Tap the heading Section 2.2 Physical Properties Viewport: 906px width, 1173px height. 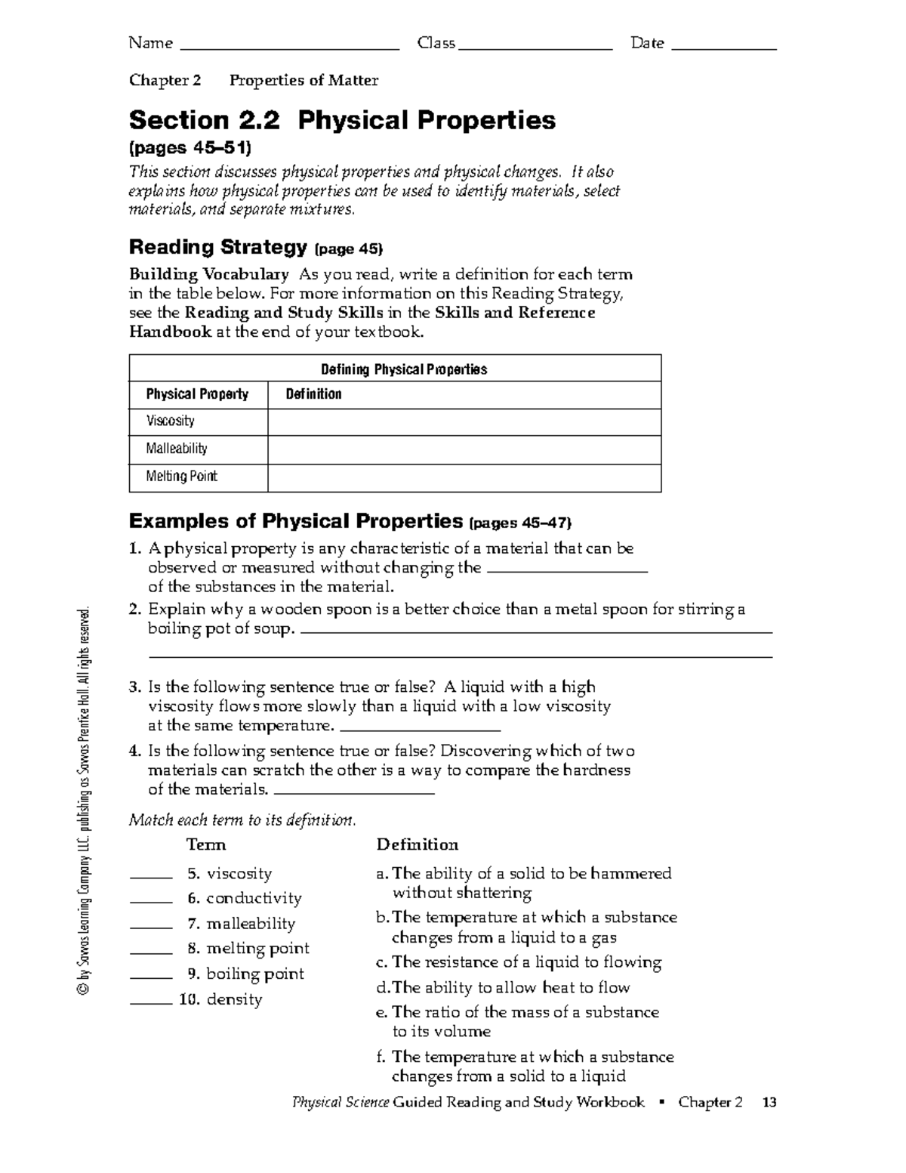coord(342,120)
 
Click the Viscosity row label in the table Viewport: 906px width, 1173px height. coord(171,421)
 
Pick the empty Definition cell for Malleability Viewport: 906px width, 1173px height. coord(464,449)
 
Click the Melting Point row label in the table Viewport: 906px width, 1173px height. coord(181,477)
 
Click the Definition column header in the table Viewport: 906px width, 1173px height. coord(313,394)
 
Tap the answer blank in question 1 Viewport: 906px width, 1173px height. coord(568,571)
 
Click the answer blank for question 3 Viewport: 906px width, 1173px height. coord(421,729)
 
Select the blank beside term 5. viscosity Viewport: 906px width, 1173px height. coord(151,877)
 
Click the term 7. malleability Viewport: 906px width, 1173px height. coord(241,924)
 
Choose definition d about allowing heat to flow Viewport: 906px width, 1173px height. coord(503,987)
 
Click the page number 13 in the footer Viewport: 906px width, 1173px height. coord(769,1103)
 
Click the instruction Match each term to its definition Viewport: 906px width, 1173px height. coord(242,820)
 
